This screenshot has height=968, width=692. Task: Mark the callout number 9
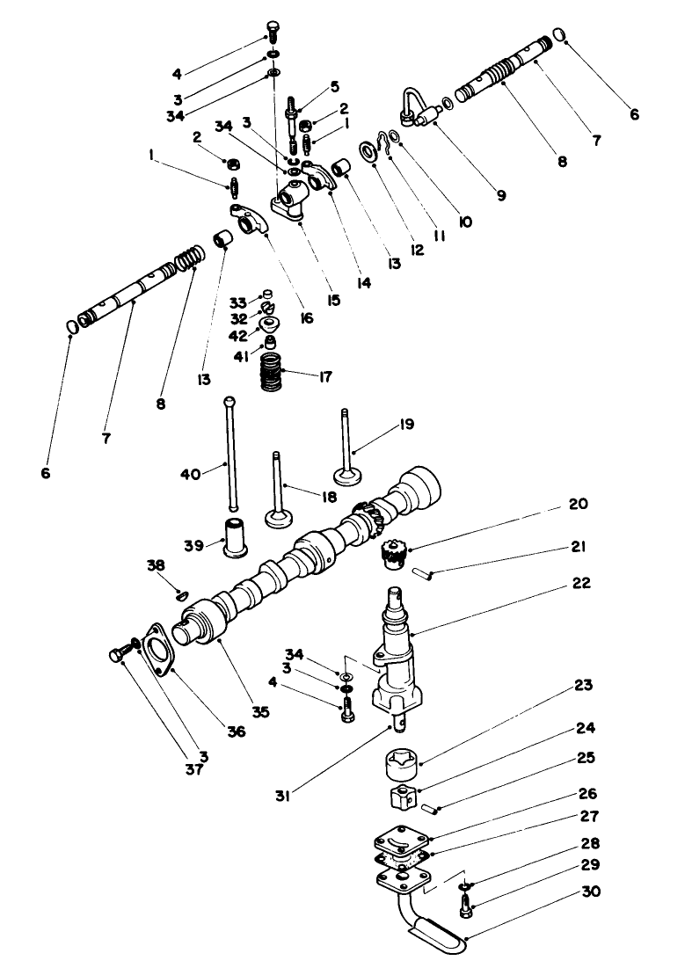pos(500,196)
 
